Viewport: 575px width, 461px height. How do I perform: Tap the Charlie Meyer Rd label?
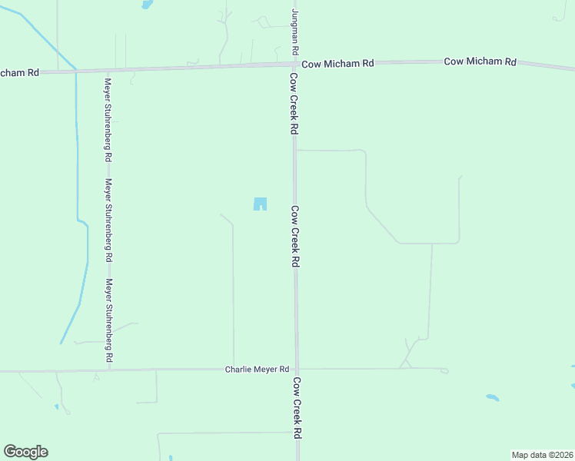tap(257, 370)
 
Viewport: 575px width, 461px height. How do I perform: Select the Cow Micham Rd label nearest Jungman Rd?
tap(337, 64)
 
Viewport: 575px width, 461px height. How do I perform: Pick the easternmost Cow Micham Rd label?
tap(480, 61)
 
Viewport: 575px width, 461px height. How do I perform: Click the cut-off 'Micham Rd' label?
tap(19, 72)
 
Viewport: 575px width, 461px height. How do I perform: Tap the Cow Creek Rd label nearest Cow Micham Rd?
tap(294, 104)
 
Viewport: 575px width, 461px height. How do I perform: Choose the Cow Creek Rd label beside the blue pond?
tap(294, 236)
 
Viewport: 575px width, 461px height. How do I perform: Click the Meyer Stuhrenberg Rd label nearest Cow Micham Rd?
tap(109, 119)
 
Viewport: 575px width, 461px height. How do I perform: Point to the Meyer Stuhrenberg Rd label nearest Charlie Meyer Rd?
tap(109, 321)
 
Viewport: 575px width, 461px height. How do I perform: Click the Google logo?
tap(25, 452)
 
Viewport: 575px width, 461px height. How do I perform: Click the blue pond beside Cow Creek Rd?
tap(261, 204)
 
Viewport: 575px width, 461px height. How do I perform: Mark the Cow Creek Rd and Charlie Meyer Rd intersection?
tap(296, 369)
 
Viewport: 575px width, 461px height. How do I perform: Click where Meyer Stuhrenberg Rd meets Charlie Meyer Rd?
tap(109, 370)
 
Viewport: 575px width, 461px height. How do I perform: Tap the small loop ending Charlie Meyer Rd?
tap(444, 370)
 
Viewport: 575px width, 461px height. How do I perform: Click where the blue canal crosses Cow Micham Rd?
tap(75, 71)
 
